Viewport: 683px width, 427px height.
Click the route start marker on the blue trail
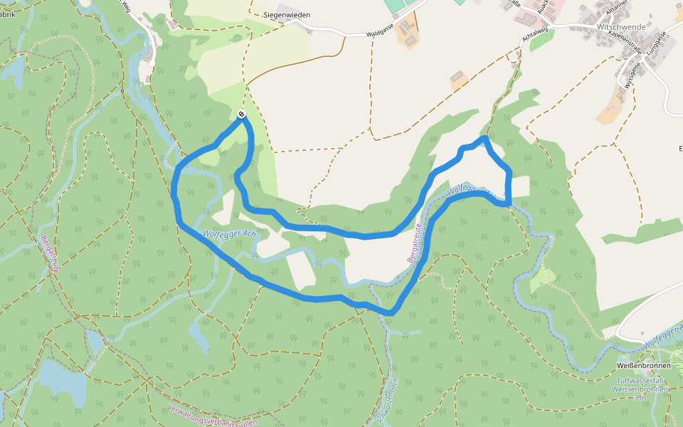pyautogui.click(x=242, y=114)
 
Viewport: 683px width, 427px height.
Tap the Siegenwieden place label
pyautogui.click(x=282, y=14)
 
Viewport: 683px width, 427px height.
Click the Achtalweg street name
pyautogui.click(x=534, y=36)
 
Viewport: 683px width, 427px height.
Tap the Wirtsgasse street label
pyautogui.click(x=632, y=73)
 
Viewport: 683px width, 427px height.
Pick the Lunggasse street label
pyautogui.click(x=656, y=44)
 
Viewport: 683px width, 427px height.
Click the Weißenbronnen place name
pyautogui.click(x=643, y=365)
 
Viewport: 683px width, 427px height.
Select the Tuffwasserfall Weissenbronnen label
pyautogui.click(x=642, y=385)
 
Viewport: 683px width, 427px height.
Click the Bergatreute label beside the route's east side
pyautogui.click(x=415, y=243)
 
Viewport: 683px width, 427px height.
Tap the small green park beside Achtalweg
pyautogui.click(x=542, y=40)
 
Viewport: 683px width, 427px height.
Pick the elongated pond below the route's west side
pyautogui.click(x=198, y=335)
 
